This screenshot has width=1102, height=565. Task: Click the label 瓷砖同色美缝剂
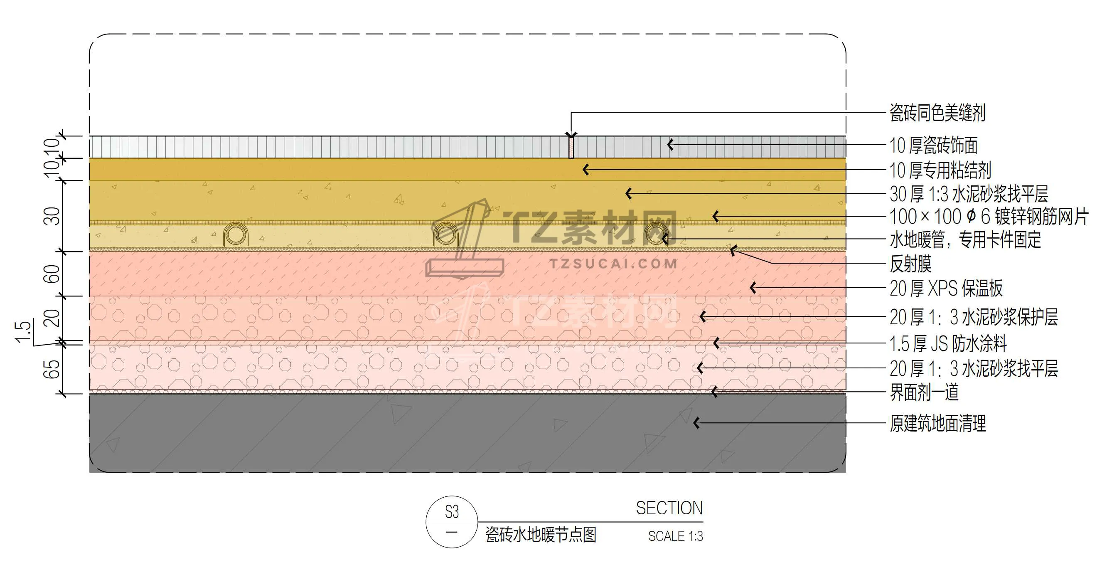937,113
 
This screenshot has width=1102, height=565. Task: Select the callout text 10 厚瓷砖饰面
933,146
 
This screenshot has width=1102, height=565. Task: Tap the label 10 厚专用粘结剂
940,170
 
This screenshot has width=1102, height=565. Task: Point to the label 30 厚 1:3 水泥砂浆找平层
969,194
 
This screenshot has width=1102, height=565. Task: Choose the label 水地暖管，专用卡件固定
965,240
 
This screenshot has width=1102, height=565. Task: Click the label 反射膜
910,264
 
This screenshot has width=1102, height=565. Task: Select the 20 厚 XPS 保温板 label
946,289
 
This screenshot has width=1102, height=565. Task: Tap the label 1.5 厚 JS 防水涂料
948,343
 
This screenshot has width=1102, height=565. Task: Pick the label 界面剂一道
924,392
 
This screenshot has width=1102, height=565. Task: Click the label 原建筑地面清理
938,424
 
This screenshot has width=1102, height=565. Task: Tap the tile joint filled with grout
571,147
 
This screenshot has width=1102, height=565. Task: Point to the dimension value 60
52,274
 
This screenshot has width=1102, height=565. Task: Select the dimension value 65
52,369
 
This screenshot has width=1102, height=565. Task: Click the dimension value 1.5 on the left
23,332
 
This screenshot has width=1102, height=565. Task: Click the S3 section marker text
452,512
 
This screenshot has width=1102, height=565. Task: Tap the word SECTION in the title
669,508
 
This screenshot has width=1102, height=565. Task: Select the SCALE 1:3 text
675,536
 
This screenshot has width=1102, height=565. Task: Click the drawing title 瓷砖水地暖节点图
541,535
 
